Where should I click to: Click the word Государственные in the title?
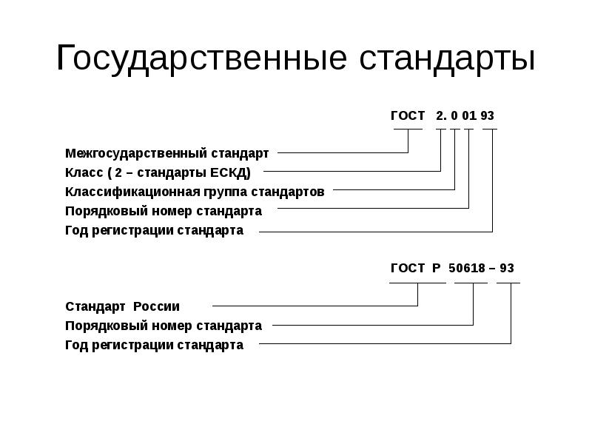click(x=201, y=58)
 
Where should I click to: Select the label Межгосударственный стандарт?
click(x=167, y=153)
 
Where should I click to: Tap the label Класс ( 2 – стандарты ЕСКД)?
click(x=158, y=172)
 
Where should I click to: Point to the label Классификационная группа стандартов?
click(x=195, y=192)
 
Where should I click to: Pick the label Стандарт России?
click(x=122, y=306)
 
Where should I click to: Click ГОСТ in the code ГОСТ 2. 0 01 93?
click(x=408, y=115)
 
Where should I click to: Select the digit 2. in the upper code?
click(x=441, y=115)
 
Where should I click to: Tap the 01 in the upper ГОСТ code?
click(x=469, y=115)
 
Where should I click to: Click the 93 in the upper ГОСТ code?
click(x=487, y=115)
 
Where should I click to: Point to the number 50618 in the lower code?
click(x=467, y=268)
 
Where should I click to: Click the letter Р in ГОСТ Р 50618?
click(x=437, y=268)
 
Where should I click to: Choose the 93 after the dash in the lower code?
click(x=507, y=268)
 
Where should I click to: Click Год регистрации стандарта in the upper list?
click(x=155, y=230)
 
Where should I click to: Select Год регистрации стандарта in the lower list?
click(x=155, y=345)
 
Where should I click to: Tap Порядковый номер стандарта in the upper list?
click(x=164, y=211)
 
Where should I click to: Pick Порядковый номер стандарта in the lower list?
click(x=164, y=326)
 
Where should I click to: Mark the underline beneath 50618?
click(x=471, y=283)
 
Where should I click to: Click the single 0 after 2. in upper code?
click(x=454, y=115)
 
